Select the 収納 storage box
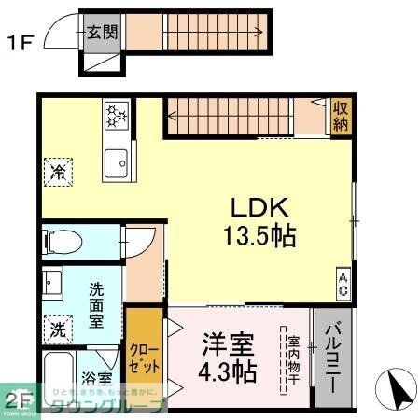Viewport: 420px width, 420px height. click(341, 117)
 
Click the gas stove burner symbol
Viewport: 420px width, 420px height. click(118, 115)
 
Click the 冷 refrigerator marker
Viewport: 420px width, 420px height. click(56, 173)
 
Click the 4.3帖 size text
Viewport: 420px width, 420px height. click(227, 372)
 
